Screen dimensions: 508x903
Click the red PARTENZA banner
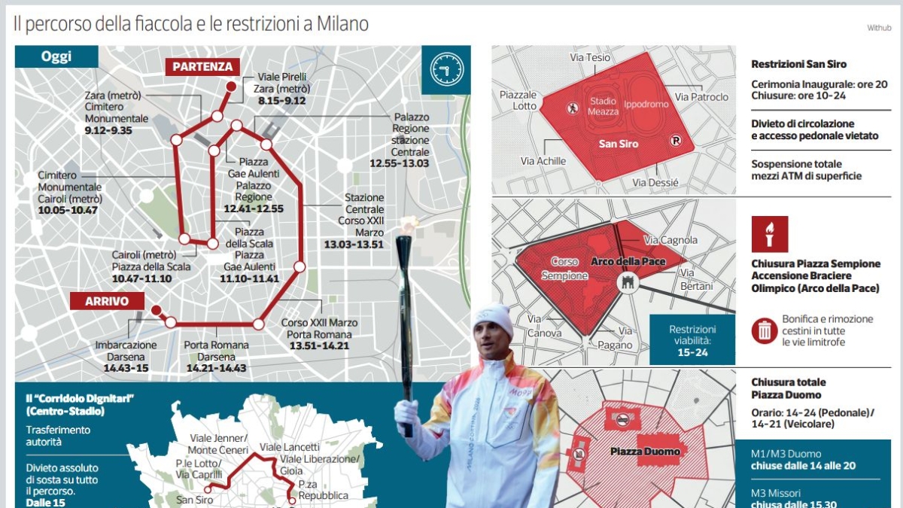pos(202,66)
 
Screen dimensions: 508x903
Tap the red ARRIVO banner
pos(106,301)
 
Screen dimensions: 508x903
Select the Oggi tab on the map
pos(56,56)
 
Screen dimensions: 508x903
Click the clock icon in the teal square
pos(446,70)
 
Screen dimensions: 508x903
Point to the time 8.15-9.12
pos(281,100)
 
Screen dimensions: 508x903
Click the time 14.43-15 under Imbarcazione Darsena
pos(126,368)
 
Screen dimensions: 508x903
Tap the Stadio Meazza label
pos(604,106)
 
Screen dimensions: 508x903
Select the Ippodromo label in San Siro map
pos(640,105)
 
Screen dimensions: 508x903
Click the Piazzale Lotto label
pos(518,100)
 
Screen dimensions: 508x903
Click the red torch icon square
pos(769,234)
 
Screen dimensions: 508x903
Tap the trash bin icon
pos(764,330)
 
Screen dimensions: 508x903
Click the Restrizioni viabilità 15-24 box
pos(692,340)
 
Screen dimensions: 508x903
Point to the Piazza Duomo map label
pos(645,452)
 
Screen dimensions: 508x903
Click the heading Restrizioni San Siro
pos(798,65)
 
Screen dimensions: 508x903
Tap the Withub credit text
pos(878,28)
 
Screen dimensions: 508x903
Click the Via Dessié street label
pos(655,182)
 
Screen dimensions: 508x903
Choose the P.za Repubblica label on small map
pos(323,490)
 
